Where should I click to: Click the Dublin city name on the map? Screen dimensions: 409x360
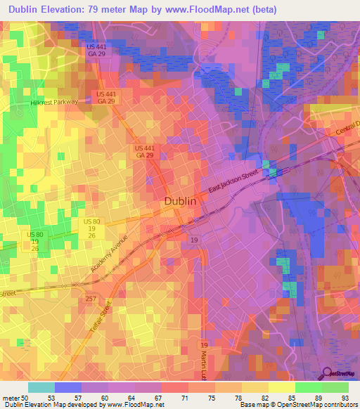(180, 201)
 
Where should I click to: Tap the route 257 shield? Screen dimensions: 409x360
(91, 299)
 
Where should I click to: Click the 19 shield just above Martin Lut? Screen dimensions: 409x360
(204, 346)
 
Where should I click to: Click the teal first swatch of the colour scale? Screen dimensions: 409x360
(41, 388)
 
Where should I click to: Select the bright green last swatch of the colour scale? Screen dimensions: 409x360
(335, 388)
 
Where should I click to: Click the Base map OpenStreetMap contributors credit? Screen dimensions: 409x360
(298, 404)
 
